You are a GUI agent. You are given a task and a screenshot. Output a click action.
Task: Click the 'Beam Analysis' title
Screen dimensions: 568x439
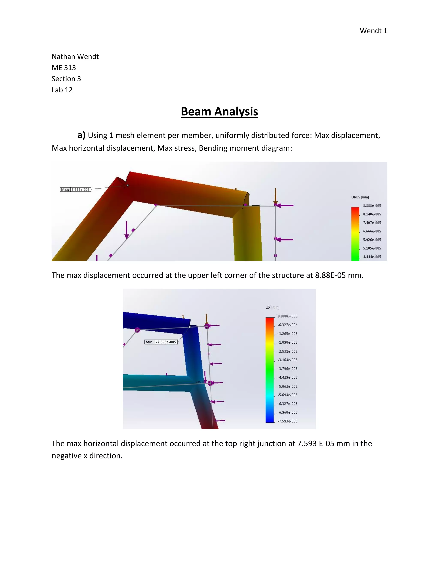219,112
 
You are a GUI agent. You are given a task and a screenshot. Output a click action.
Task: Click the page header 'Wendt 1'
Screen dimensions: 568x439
373,31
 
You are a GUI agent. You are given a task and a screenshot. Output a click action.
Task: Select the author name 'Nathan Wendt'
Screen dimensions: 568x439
75,57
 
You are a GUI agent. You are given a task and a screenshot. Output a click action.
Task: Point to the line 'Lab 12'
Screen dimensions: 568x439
62,90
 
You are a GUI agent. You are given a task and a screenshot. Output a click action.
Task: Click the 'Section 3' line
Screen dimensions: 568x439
66,79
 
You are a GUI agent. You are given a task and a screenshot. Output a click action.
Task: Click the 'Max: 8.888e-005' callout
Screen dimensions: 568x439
75,190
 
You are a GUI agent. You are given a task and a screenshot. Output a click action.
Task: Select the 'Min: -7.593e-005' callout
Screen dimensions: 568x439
161,342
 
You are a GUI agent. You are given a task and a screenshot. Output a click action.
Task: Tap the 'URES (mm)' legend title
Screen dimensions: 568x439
360,197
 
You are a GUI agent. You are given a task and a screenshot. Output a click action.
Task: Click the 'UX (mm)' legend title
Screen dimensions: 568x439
272,307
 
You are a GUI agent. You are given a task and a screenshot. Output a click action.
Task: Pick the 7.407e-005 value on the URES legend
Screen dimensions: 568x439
372,223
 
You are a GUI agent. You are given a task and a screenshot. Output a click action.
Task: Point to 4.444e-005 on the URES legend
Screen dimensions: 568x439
372,257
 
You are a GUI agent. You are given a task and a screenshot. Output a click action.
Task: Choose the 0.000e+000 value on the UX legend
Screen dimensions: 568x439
287,316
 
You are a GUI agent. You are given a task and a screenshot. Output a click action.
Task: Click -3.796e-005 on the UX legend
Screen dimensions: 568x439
287,369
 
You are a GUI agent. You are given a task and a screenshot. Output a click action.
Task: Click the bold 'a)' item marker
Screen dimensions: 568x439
81,135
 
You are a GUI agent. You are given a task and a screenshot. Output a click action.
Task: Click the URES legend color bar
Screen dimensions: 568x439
355,234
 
